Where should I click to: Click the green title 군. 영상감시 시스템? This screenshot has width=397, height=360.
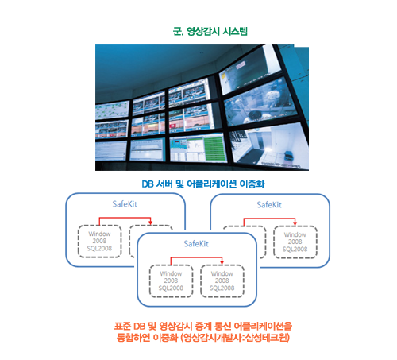pos(210,31)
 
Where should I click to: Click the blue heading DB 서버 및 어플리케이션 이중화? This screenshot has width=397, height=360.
pos(203,184)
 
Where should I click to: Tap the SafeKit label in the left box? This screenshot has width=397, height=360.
pos(125,204)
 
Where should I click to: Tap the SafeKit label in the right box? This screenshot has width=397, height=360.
pos(269,205)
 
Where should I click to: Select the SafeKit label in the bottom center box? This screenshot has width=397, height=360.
pos(196,244)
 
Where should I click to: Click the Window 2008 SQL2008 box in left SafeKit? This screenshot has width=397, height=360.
pos(99,241)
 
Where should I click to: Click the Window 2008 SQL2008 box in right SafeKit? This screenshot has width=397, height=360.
pos(295,242)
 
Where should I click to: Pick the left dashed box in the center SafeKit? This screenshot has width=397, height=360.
pos(171,281)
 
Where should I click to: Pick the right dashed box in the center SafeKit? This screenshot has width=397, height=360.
pos(222,281)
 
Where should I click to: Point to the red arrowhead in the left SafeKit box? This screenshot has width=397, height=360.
pos(150,223)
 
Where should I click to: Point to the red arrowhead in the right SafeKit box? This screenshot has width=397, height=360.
pos(295,223)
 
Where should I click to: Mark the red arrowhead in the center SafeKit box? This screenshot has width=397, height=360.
pos(222,262)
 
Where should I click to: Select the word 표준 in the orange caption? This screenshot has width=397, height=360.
pos(122,326)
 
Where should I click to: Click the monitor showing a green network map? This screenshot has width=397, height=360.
pos(112,110)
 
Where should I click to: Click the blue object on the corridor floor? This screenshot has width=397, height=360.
pos(288,155)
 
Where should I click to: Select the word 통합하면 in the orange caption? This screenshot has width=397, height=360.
pos(133,338)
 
